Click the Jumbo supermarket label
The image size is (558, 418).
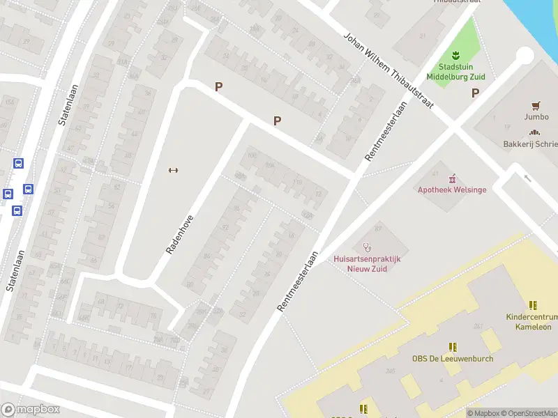pos(536,117)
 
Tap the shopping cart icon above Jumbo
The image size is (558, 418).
pos(536,106)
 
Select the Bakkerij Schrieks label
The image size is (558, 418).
pos(531,144)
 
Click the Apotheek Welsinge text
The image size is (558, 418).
pos(451,189)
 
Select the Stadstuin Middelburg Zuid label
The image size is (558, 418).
pos(457,72)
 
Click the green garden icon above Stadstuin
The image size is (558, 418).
pos(457,55)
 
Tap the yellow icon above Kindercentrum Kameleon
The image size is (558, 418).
pos(533,305)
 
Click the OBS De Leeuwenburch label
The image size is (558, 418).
pos(452,359)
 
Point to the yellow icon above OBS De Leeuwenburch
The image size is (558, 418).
pos(453,346)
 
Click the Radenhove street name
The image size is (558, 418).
pos(179,234)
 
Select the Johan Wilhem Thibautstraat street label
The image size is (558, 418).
pos(388,70)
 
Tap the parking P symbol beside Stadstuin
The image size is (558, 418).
pos(476,93)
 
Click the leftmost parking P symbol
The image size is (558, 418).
pos(218,87)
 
